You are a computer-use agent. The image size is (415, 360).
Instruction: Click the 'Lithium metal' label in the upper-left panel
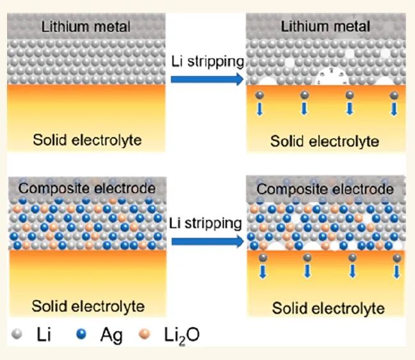86,27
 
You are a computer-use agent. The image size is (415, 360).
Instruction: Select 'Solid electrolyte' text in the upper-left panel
87,139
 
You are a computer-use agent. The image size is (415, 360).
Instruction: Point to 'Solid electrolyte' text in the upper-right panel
325,141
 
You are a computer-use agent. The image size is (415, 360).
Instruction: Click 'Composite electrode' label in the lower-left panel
87,188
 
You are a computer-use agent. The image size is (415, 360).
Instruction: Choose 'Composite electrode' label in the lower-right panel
325,189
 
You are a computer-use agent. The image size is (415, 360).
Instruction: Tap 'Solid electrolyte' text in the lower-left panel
88,306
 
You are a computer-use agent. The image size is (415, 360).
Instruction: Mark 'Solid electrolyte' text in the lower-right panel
328,308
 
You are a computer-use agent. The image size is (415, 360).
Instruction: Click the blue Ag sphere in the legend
79,335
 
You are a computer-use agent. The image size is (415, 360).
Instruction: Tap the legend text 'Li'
43,335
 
